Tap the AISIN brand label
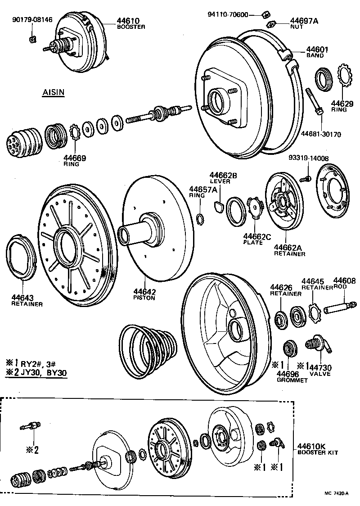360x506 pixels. [x=53, y=93]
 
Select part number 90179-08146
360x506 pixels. [x=32, y=20]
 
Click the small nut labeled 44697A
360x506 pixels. [x=271, y=23]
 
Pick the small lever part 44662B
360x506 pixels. [x=219, y=207]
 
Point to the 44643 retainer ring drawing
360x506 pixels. [x=22, y=257]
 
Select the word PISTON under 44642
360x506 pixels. [x=144, y=298]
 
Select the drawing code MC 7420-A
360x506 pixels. [x=336, y=494]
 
